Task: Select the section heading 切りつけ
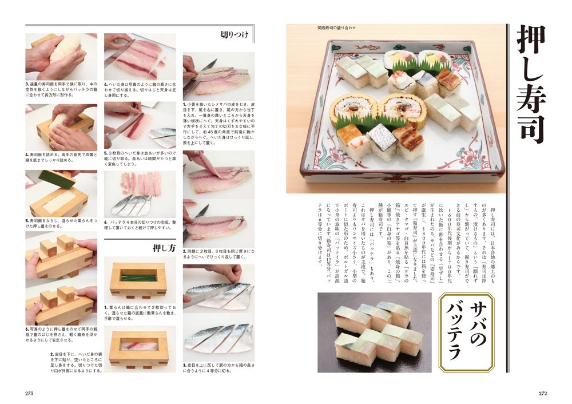[x=235, y=35]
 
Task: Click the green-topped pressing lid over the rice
[x=57, y=179]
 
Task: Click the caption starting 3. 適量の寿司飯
[x=61, y=91]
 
